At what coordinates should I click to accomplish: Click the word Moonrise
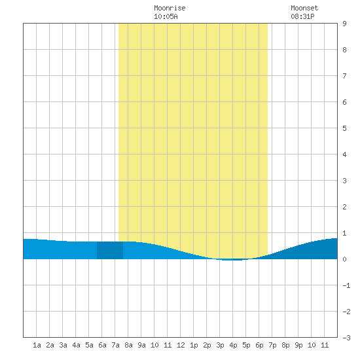tap(170, 8)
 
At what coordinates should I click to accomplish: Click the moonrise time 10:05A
tap(166, 16)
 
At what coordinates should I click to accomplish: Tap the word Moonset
tap(304, 8)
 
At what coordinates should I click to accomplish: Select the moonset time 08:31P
tap(302, 16)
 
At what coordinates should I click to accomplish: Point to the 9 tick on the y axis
tap(344, 24)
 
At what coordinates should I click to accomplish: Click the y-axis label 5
tap(344, 128)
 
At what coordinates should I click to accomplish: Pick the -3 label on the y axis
tap(346, 338)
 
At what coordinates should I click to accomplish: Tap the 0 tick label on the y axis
tap(344, 259)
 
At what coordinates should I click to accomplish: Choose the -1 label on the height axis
tap(346, 285)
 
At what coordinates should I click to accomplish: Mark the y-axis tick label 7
tap(344, 76)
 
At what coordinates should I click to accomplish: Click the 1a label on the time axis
tap(37, 345)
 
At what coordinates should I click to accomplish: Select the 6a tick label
tap(102, 345)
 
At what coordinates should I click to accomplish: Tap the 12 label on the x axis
tap(181, 345)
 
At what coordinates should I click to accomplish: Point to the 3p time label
tap(220, 345)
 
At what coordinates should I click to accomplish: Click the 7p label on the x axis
tap(272, 345)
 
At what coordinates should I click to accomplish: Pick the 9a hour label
tap(141, 345)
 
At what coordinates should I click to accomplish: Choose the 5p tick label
tap(246, 345)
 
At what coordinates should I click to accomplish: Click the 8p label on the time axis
tap(285, 345)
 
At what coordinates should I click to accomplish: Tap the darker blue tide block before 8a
tap(110, 250)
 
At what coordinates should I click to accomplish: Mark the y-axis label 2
tap(344, 207)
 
